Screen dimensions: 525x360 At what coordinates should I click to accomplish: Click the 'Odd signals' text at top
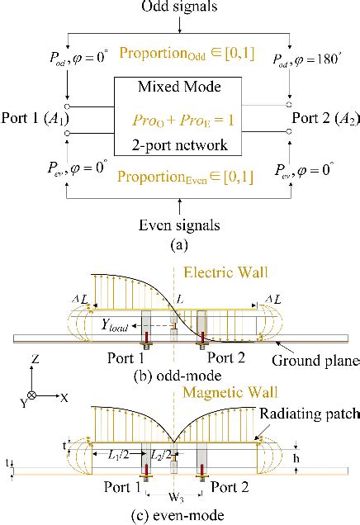point(180,7)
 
